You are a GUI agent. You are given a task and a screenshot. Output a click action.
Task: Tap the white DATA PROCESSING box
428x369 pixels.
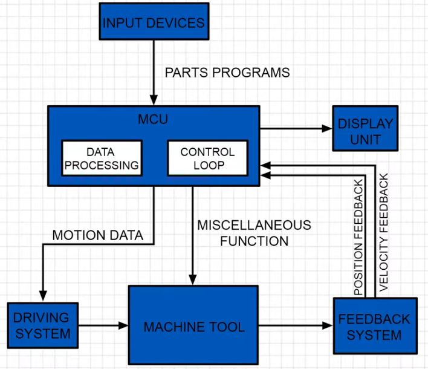pyautogui.click(x=102, y=157)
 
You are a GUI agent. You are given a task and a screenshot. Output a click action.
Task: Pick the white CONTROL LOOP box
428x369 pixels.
pyautogui.click(x=207, y=157)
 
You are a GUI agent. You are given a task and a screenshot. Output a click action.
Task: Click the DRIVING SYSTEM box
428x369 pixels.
pyautogui.click(x=43, y=325)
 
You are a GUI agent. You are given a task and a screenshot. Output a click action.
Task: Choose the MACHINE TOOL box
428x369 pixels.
pyautogui.click(x=193, y=327)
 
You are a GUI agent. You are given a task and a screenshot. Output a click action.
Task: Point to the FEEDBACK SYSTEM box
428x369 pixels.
pyautogui.click(x=375, y=326)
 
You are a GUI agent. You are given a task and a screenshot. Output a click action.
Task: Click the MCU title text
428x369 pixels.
pyautogui.click(x=153, y=119)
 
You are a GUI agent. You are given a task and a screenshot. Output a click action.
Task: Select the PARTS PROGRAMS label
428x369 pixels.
pyautogui.click(x=227, y=73)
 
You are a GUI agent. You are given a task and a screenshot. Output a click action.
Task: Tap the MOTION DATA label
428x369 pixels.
pyautogui.click(x=98, y=235)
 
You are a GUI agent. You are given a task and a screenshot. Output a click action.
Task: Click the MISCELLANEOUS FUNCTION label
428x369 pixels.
pyautogui.click(x=254, y=233)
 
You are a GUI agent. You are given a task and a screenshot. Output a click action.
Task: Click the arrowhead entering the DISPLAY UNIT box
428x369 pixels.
pyautogui.click(x=328, y=128)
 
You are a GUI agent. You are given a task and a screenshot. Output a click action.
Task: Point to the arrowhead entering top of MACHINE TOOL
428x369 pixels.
pyautogui.click(x=193, y=280)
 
